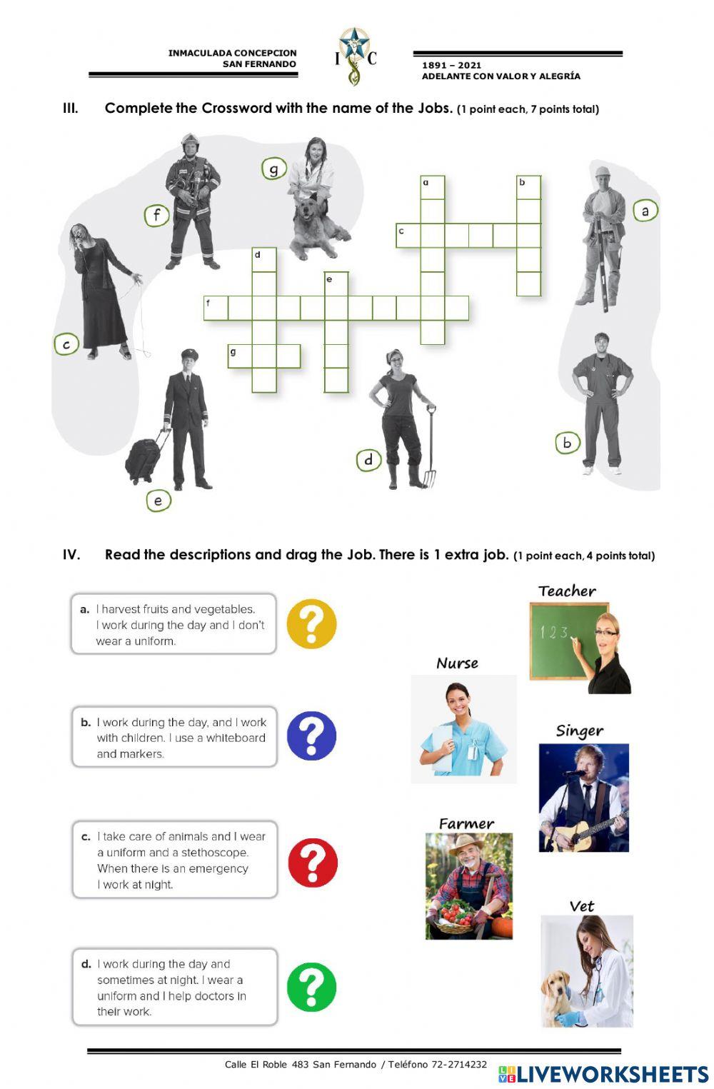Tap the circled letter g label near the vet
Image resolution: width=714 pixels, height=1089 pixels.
click(273, 169)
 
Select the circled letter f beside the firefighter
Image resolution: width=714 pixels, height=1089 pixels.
click(156, 214)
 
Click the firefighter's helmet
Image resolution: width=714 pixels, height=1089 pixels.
click(189, 141)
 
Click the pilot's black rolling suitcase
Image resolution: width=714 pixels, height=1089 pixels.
click(146, 458)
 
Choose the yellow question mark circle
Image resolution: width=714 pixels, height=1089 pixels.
click(311, 623)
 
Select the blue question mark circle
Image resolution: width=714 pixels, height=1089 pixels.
click(311, 736)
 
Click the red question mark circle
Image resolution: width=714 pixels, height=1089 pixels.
click(312, 863)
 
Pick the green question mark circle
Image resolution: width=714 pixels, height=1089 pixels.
click(311, 988)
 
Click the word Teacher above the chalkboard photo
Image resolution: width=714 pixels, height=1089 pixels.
click(567, 591)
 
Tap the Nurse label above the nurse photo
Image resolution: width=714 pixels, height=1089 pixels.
click(457, 663)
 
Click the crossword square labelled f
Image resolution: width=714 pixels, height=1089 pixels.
click(216, 308)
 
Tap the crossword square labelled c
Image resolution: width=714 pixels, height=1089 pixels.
click(408, 236)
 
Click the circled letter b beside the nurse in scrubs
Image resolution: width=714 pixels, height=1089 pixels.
click(567, 443)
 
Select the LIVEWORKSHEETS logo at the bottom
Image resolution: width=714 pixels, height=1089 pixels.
click(603, 1074)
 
